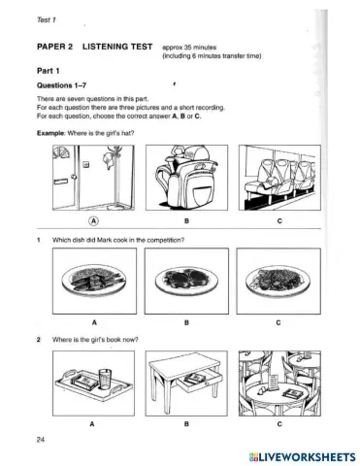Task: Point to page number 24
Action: pyautogui.click(x=38, y=441)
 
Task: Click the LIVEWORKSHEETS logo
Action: pyautogui.click(x=295, y=454)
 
